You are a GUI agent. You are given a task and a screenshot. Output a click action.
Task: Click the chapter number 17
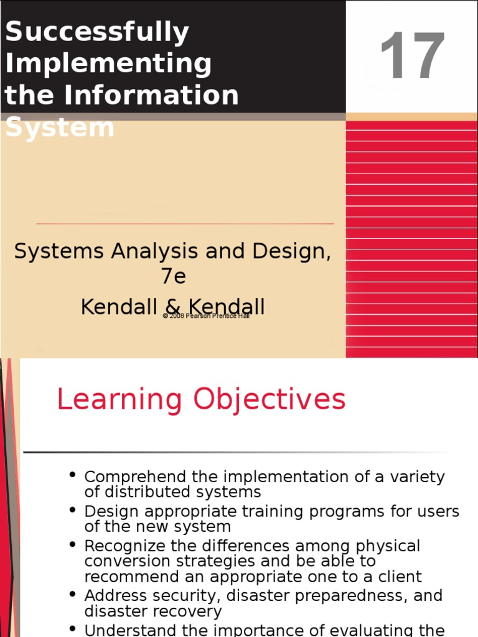point(412,57)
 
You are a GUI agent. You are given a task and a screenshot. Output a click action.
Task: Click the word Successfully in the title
point(96,32)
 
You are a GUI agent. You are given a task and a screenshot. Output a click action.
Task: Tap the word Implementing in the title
point(108,64)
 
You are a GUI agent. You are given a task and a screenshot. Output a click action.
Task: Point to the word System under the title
point(60,128)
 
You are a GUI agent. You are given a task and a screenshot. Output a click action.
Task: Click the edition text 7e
point(174,276)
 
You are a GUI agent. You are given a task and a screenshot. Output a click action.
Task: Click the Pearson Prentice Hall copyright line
point(206,316)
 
